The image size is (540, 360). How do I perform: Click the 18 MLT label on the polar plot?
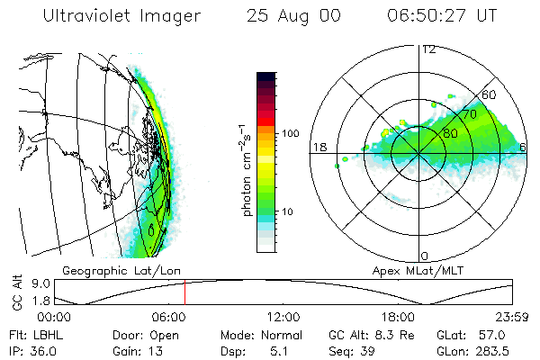coord(319,147)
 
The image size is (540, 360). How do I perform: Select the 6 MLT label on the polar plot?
coord(523,147)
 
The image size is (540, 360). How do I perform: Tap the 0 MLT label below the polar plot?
coord(425,256)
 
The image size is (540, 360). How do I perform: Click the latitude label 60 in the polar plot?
coord(490,94)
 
